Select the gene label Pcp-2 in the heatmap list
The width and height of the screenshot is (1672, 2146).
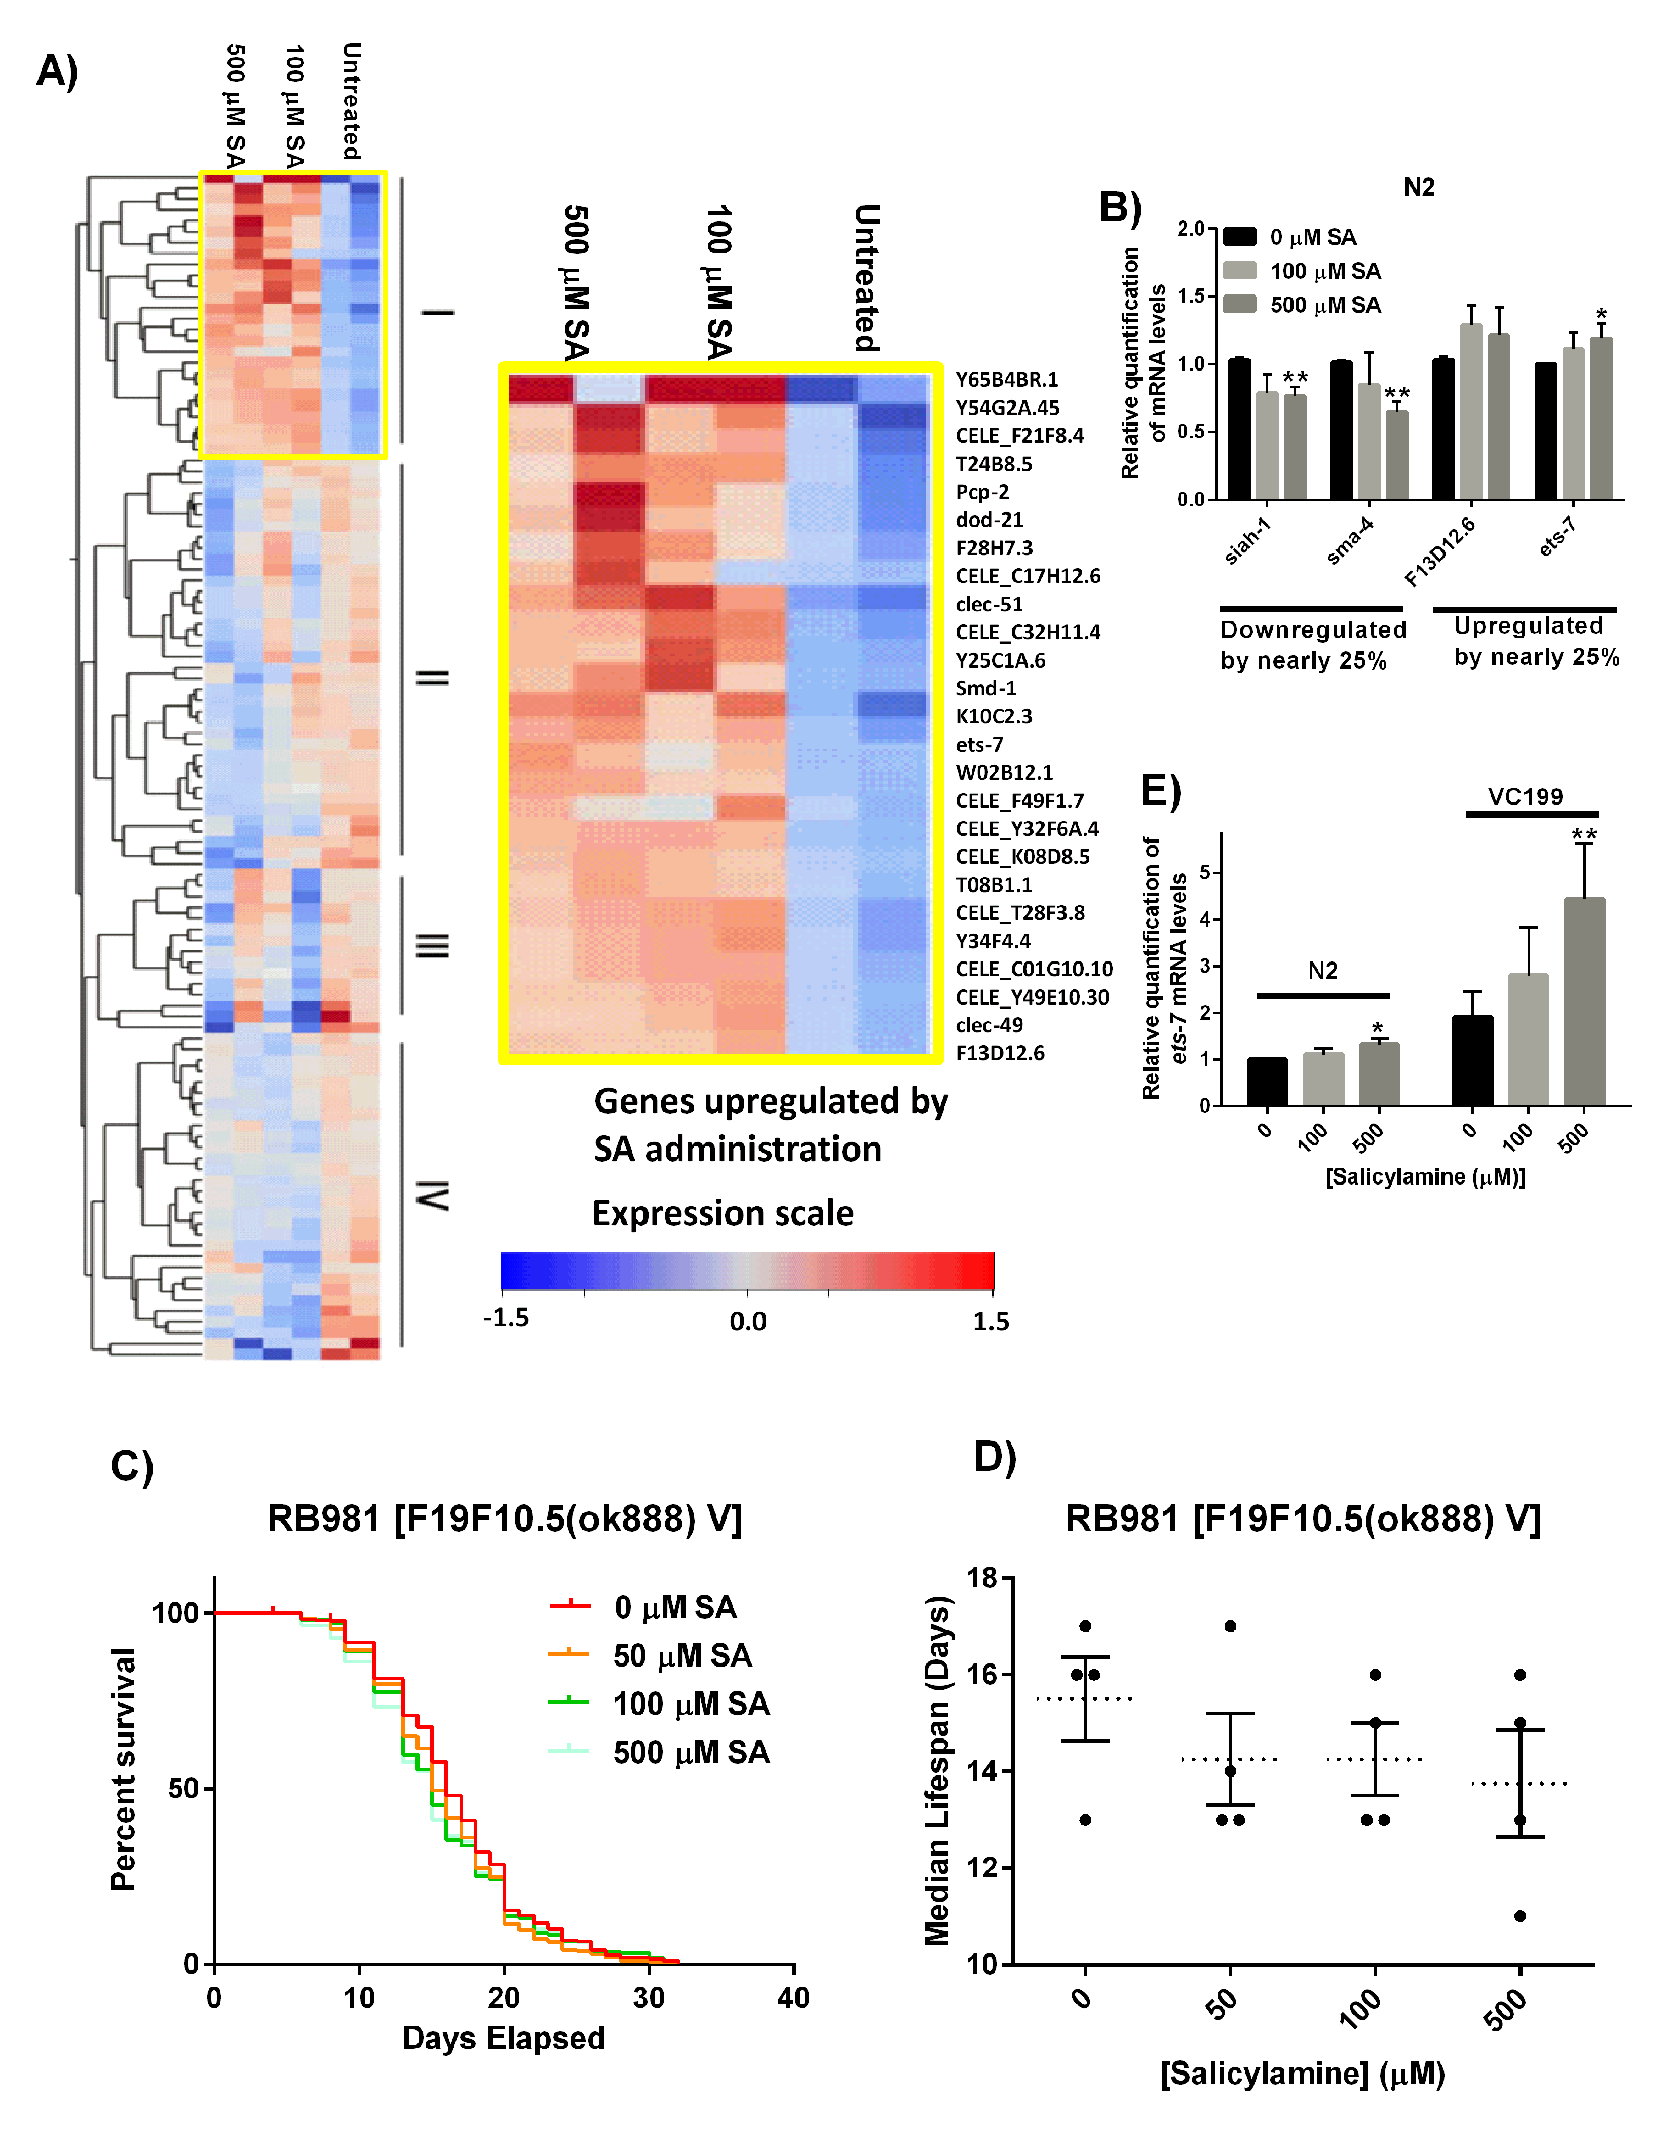click(982, 491)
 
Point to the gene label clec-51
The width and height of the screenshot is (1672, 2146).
click(989, 604)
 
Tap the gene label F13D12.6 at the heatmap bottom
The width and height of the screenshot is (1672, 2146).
click(1000, 1053)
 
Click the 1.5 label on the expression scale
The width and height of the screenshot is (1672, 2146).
click(990, 1321)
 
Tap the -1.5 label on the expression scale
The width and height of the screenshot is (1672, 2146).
click(506, 1318)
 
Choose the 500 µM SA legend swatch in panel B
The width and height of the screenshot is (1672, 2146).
click(1240, 305)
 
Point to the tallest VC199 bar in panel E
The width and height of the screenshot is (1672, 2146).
click(1583, 1002)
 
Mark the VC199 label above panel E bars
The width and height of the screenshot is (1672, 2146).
click(1525, 797)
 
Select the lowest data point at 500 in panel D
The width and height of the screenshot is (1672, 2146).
click(1519, 1916)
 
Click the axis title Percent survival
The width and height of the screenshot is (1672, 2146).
click(123, 1769)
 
